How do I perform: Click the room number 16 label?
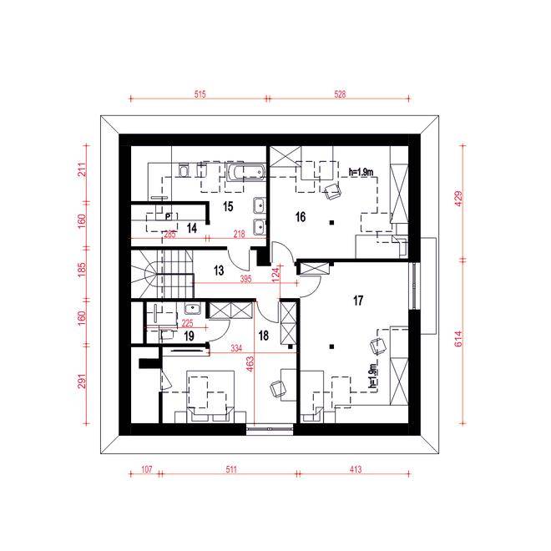[x=301, y=217]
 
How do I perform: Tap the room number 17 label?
[x=358, y=301]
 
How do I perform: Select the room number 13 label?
[x=219, y=270]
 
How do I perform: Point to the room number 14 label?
[x=192, y=228]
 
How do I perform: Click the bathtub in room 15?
[x=245, y=172]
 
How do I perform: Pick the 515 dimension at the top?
[x=200, y=94]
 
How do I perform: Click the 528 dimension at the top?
[x=340, y=94]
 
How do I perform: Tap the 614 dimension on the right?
[x=458, y=339]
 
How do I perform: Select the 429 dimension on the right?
[x=458, y=199]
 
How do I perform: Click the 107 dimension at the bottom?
[x=147, y=469]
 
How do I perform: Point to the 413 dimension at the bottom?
[x=356, y=469]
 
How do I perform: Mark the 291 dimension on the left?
[x=82, y=381]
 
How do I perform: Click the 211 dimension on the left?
[x=82, y=169]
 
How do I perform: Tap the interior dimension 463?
[x=250, y=364]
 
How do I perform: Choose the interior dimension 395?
[x=246, y=279]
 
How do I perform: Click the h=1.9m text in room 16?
[x=361, y=172]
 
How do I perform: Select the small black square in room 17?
[x=331, y=346]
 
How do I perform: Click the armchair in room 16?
[x=332, y=191]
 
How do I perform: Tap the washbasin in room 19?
[x=192, y=309]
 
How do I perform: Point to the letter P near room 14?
[x=168, y=216]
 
